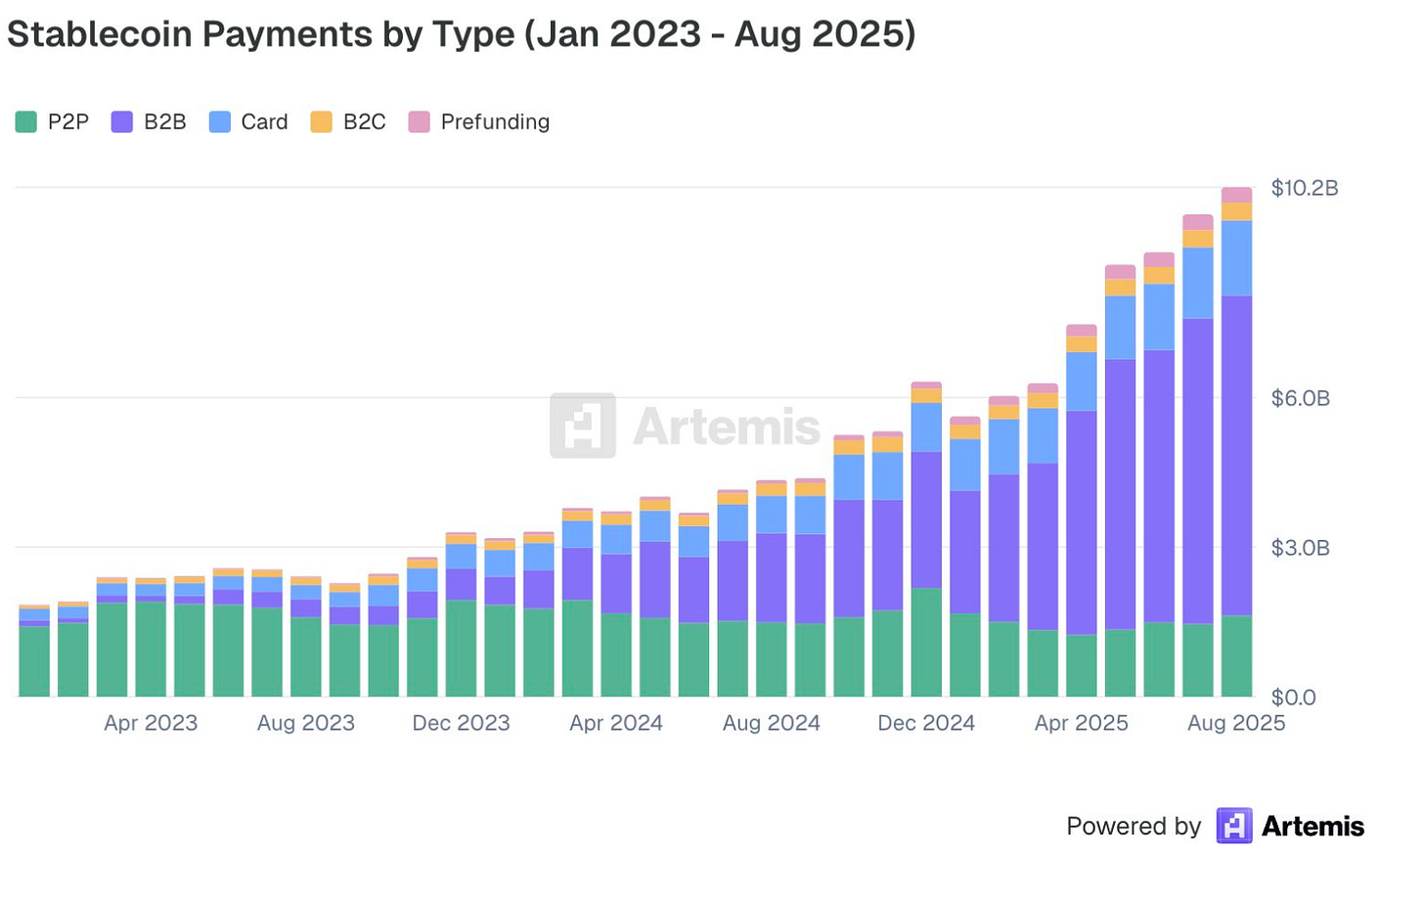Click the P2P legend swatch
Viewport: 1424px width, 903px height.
[x=26, y=121]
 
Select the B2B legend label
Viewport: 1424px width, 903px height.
[x=165, y=121]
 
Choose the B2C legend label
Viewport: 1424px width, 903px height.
[x=364, y=121]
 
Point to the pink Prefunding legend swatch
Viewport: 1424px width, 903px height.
[x=419, y=121]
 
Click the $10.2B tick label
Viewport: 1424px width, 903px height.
[x=1305, y=188]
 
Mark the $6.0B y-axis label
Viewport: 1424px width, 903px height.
[x=1301, y=398]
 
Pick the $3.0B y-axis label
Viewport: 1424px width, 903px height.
[x=1301, y=548]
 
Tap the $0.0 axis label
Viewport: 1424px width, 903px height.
[x=1294, y=698]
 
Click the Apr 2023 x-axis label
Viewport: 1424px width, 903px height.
[x=151, y=723]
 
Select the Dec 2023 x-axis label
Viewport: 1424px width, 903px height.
[x=461, y=723]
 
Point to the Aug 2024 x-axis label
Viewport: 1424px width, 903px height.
[x=771, y=723]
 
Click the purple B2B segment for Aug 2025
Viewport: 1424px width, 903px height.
[x=1236, y=455]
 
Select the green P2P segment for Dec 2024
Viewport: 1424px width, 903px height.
[x=926, y=642]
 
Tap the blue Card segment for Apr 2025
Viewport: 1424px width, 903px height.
[x=1082, y=382]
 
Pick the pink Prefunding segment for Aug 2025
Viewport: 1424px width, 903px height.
[x=1236, y=195]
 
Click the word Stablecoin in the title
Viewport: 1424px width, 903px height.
[x=100, y=33]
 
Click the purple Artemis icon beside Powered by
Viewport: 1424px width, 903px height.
[x=1234, y=826]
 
